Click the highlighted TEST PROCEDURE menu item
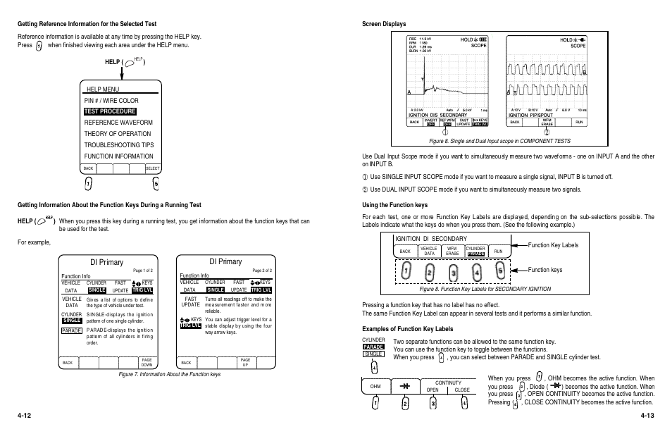[x=109, y=111]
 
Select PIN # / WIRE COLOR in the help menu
[x=111, y=101]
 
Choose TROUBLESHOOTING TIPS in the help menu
[x=118, y=145]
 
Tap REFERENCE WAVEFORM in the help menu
[x=118, y=123]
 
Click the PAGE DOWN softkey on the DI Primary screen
[x=147, y=362]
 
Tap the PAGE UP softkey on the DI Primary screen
[x=245, y=362]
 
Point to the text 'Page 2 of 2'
[x=261, y=270]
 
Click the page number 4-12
[x=25, y=416]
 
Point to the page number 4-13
[x=647, y=416]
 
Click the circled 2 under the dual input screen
[x=547, y=131]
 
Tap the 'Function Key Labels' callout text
[x=553, y=245]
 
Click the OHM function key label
[x=375, y=387]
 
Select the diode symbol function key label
[x=405, y=387]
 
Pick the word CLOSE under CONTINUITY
[x=462, y=390]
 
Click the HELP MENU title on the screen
[x=103, y=89]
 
